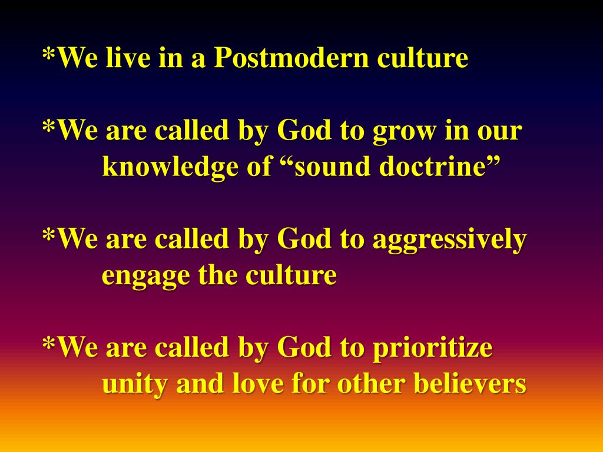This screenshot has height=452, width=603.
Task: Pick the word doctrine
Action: [435, 167]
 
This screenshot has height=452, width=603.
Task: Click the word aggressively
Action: [449, 240]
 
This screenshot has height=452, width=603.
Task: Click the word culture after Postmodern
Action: [422, 58]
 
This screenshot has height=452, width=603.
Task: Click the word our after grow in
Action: [500, 132]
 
